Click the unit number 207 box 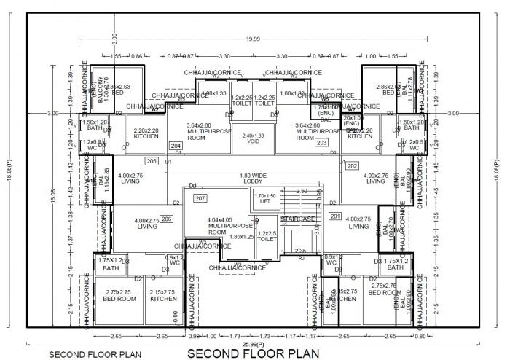coord(200,198)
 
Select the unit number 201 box coord(335,216)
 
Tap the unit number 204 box coord(176,146)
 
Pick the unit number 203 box coord(321,143)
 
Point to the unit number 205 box coord(152,161)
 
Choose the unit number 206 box coord(166,219)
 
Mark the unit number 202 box coord(352,166)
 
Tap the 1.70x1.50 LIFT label coord(265,200)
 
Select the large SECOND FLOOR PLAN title coord(253,353)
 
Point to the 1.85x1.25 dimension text coord(241,237)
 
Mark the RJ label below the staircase coord(301,258)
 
